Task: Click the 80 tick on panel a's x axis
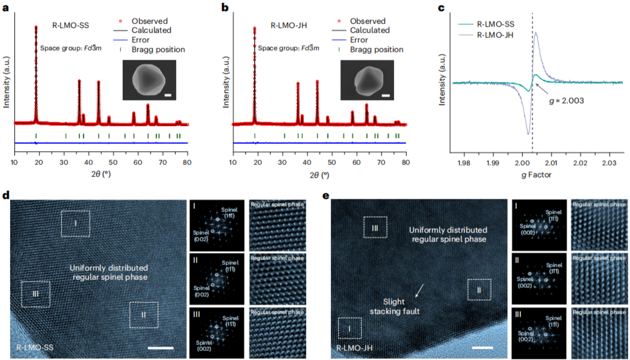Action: pyautogui.click(x=187, y=163)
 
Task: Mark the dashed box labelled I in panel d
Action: pyautogui.click(x=76, y=223)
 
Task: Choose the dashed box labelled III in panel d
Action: pyautogui.click(x=36, y=294)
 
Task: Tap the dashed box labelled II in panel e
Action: pyautogui.click(x=480, y=289)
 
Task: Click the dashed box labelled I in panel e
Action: pyautogui.click(x=350, y=329)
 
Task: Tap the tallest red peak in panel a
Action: pyautogui.click(x=36, y=29)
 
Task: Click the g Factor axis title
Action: pyautogui.click(x=536, y=175)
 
